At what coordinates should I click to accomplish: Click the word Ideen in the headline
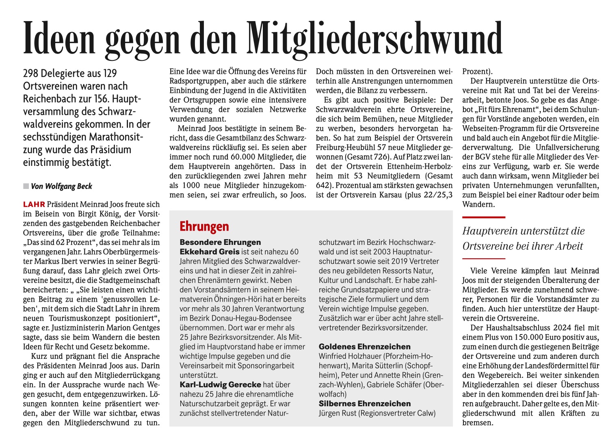(x=58, y=39)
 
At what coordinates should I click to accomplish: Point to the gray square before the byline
(x=26, y=186)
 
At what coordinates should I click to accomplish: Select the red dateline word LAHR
(x=34, y=204)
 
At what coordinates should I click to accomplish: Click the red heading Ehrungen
(x=204, y=226)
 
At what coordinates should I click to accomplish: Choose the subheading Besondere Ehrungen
(x=220, y=242)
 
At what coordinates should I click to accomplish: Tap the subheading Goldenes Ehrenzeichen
(x=364, y=347)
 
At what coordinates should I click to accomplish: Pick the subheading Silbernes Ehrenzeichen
(x=364, y=404)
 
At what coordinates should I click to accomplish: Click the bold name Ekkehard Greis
(x=210, y=252)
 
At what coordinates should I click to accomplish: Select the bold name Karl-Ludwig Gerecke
(x=221, y=385)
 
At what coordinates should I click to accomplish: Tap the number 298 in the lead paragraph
(x=31, y=73)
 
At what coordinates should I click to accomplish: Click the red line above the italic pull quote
(x=483, y=217)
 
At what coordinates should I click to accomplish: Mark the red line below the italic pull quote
(x=483, y=258)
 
